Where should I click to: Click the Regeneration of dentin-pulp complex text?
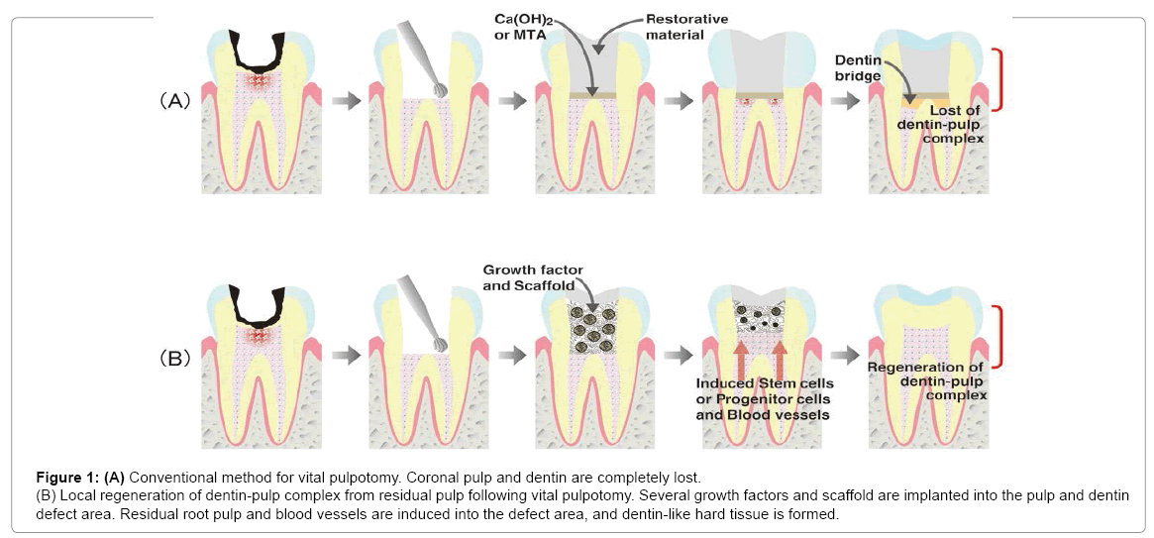[928, 381]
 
